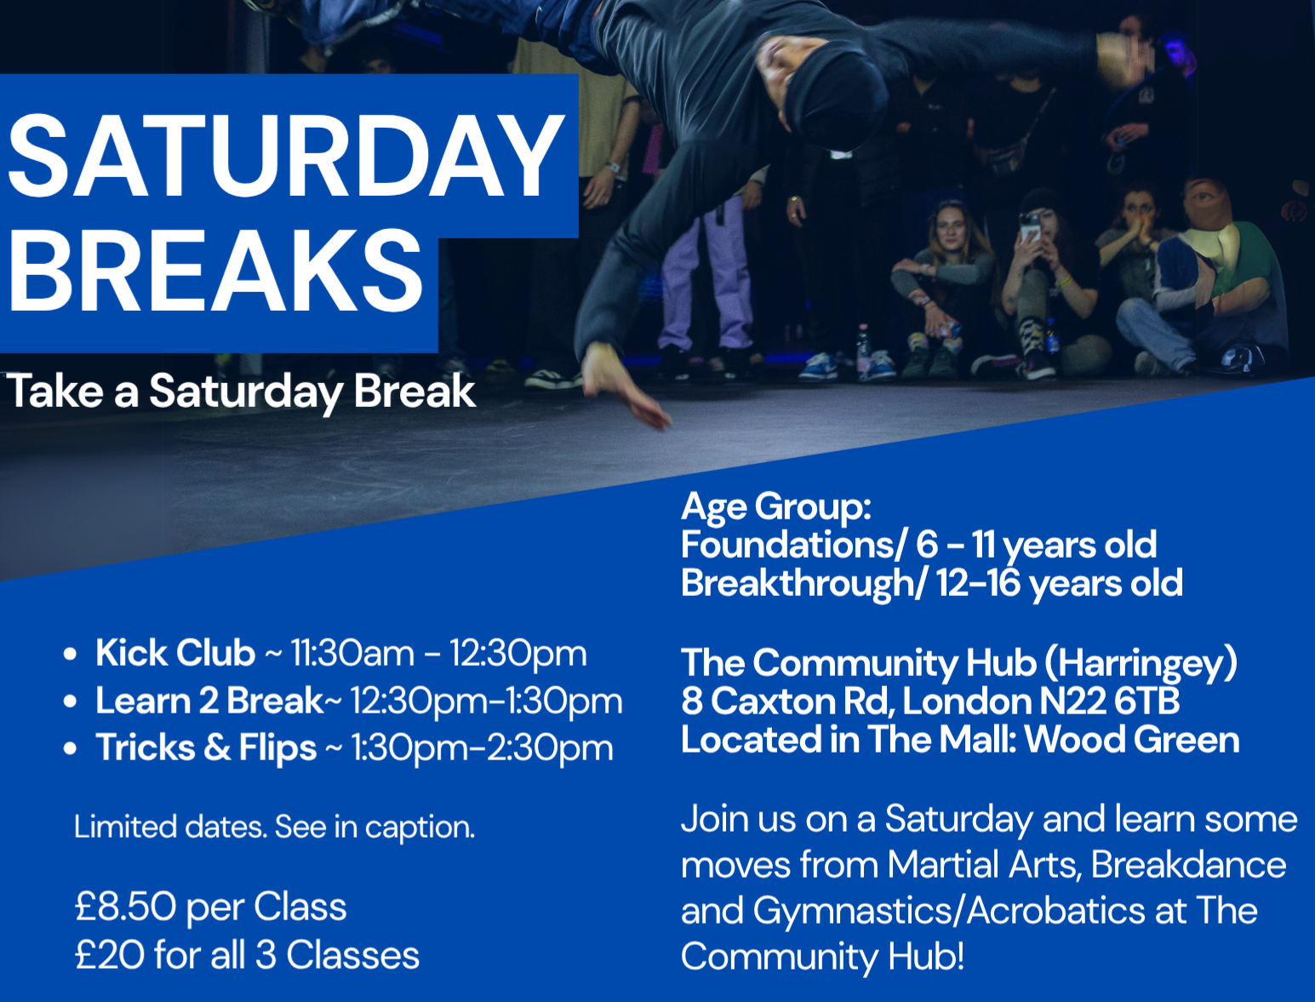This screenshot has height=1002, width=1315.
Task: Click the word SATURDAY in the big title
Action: click(285, 156)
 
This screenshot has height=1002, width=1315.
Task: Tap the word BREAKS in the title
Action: click(215, 270)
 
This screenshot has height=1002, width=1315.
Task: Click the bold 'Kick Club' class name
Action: click(175, 652)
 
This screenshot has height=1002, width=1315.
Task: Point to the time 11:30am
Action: click(352, 653)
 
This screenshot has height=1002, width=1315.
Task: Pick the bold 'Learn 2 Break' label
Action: click(209, 700)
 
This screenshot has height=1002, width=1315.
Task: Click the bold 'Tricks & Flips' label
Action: click(206, 748)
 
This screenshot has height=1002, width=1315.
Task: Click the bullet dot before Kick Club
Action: click(70, 654)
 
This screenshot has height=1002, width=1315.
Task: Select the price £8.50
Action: click(125, 906)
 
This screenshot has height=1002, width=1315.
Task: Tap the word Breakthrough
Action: click(798, 583)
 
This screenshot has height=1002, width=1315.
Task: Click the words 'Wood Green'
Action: click(1132, 740)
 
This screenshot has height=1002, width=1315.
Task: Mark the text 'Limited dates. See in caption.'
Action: click(274, 827)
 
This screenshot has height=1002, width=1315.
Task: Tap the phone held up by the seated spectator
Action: click(1032, 226)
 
